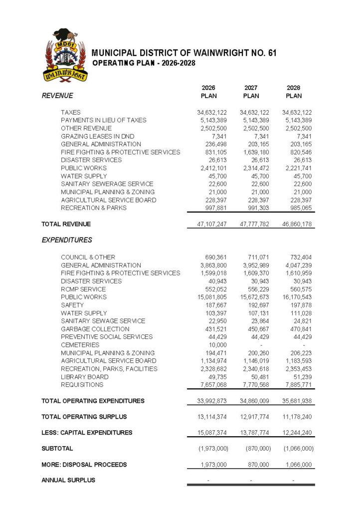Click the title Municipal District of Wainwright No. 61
point(184,53)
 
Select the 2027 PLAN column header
point(251,92)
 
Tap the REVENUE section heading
point(57,96)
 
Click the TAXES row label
point(71,112)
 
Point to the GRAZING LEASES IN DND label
point(98,136)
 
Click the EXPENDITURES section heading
point(67,240)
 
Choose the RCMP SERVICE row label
point(83,289)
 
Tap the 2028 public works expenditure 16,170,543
point(297,297)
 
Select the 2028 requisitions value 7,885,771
point(297,385)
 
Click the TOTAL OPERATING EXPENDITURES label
point(93,401)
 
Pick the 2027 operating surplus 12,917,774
point(255,417)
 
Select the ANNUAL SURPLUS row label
point(68,480)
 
